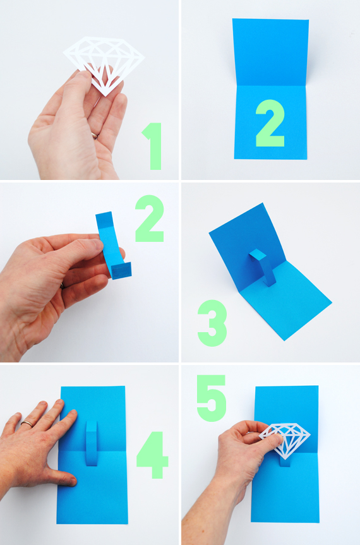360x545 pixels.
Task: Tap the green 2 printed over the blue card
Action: [x=270, y=123]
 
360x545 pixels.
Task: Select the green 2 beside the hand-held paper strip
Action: [x=150, y=219]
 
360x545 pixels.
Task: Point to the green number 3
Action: [x=212, y=323]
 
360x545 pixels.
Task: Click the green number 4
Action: [x=152, y=455]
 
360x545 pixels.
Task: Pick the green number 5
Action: [x=212, y=398]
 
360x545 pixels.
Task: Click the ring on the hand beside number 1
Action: [x=95, y=135]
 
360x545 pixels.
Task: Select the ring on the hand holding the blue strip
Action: [x=62, y=285]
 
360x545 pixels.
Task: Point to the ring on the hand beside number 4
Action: [x=27, y=424]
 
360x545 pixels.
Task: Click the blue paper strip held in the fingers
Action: [x=112, y=245]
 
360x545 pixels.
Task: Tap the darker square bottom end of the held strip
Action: [x=122, y=271]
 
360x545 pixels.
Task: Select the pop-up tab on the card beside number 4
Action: [x=92, y=443]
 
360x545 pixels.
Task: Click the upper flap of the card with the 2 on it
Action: [x=270, y=52]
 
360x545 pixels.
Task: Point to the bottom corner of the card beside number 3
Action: [x=284, y=340]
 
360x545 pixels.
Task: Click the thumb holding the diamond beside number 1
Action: [x=76, y=90]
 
